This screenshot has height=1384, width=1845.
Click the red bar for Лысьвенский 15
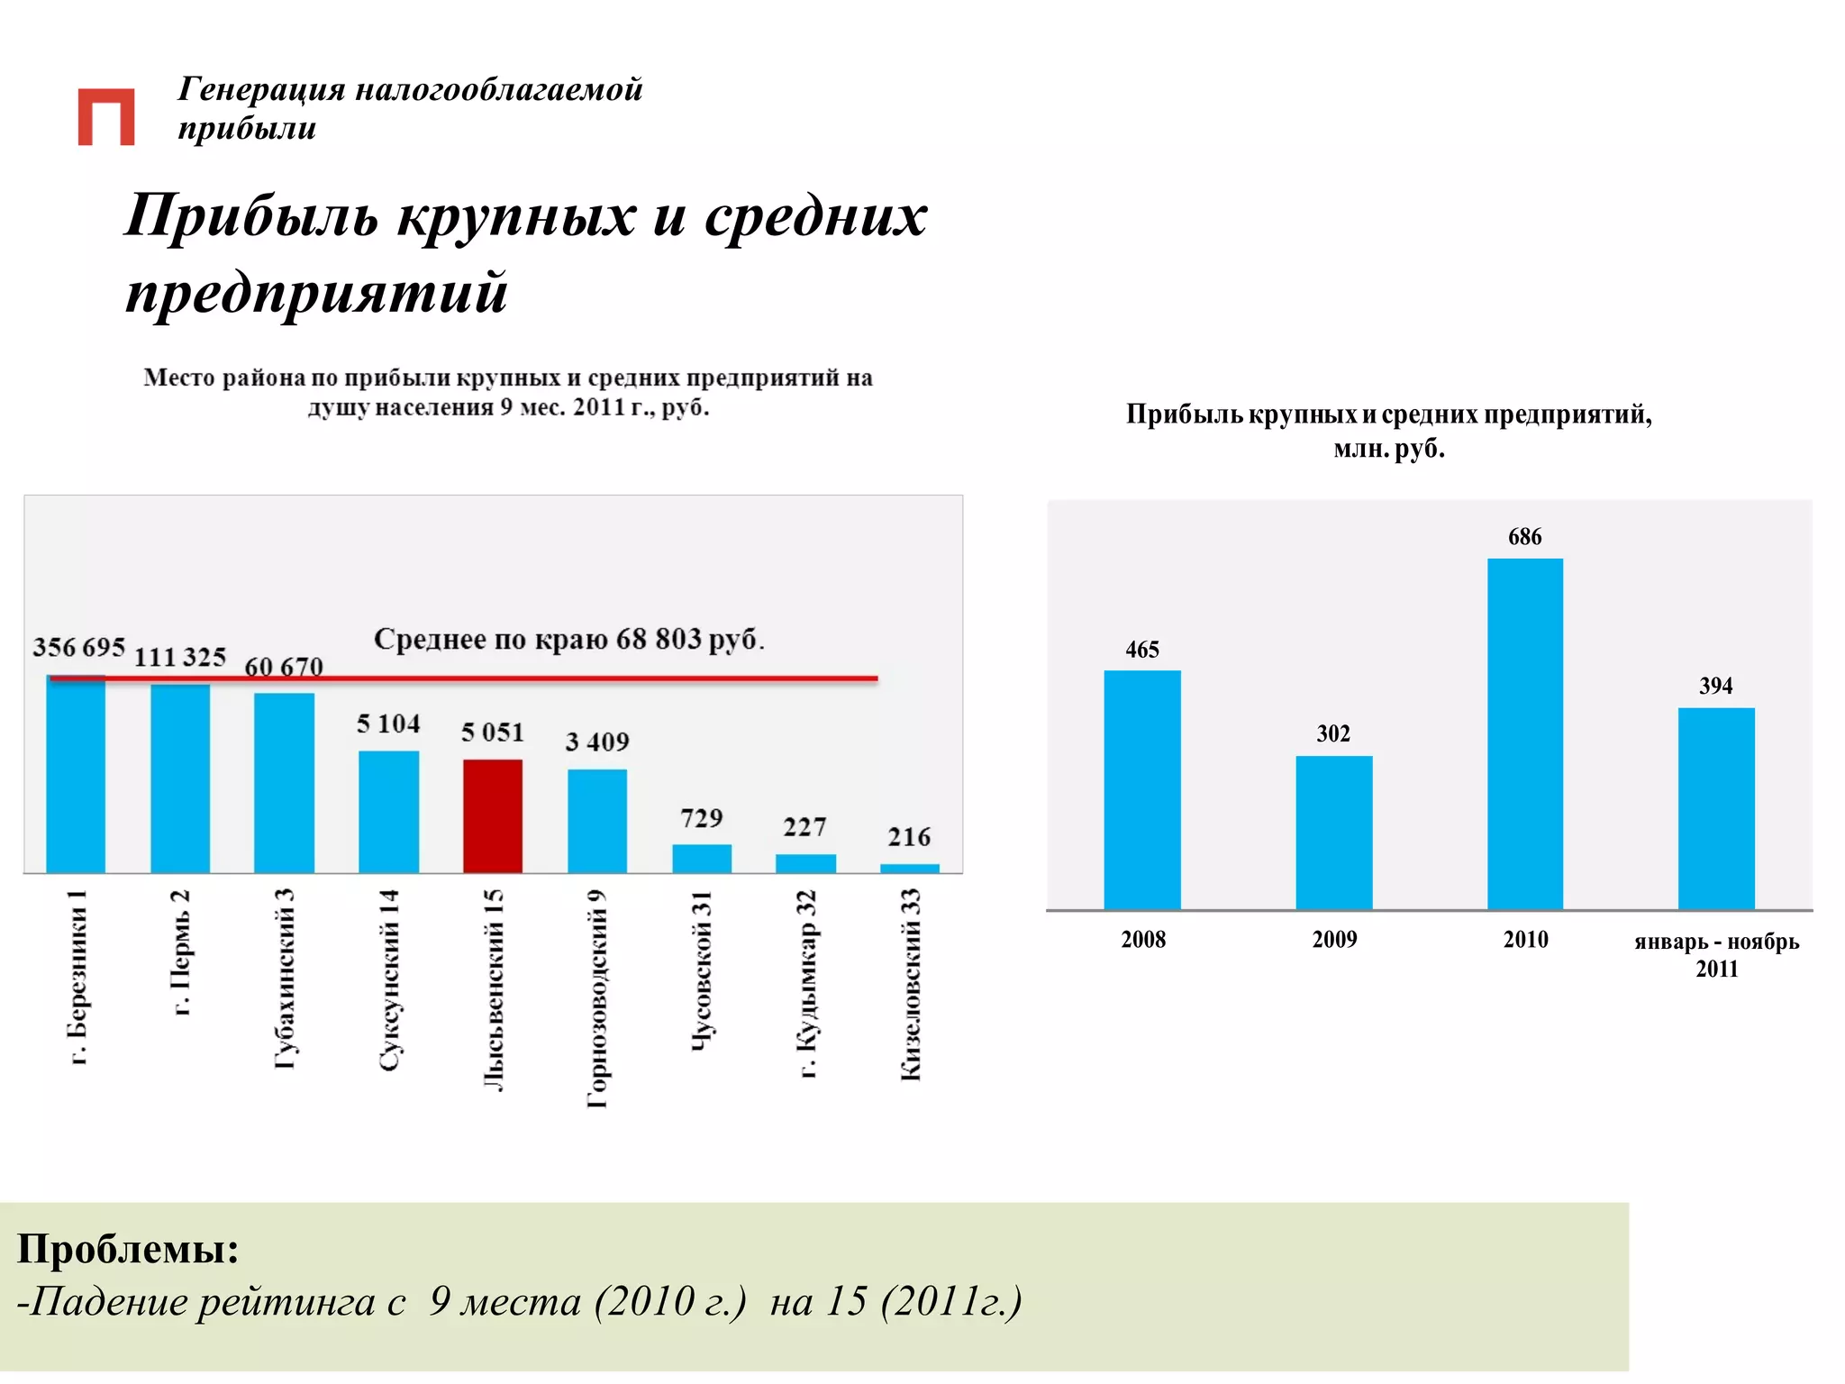point(493,815)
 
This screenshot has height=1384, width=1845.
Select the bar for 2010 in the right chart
point(1524,733)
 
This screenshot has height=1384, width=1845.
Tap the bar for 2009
point(1333,833)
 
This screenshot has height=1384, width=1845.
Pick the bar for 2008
point(1142,789)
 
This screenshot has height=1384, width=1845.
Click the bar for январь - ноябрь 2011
point(1715,808)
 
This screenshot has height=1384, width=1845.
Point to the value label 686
point(1524,537)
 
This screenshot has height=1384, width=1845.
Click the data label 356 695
point(78,647)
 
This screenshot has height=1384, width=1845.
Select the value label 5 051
point(493,732)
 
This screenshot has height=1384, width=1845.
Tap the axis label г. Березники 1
point(78,978)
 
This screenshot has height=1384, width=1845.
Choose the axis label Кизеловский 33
point(911,984)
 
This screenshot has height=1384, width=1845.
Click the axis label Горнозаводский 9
point(597,998)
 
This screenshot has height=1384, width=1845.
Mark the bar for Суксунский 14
point(388,811)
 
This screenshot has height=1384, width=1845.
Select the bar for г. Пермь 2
point(180,778)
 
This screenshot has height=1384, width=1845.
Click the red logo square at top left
point(106,116)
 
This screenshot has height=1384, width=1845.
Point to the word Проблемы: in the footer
point(128,1249)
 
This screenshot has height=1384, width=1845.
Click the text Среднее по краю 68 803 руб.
point(568,639)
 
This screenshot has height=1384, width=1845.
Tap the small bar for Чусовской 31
point(702,859)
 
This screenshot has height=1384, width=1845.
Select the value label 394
point(1715,686)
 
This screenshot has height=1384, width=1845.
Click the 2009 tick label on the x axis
point(1333,940)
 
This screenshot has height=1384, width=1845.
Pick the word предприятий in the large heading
point(316,292)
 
